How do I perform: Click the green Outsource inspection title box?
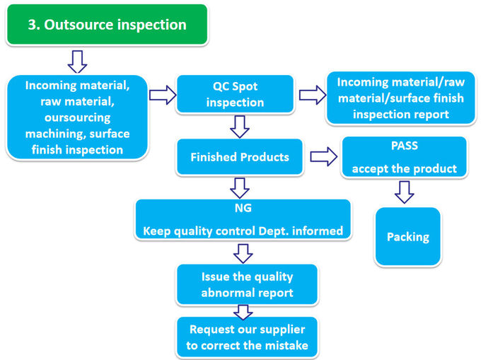point(107,25)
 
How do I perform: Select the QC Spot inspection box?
point(235,94)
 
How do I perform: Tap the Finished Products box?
point(239,156)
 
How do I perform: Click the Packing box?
point(407,236)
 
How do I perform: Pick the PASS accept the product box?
point(404,157)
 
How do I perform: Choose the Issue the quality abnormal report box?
point(246,284)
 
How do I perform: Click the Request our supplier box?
point(246,337)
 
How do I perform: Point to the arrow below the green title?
point(76,61)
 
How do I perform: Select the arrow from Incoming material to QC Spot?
point(162,95)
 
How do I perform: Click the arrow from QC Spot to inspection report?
point(311,95)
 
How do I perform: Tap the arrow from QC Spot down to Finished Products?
point(240,126)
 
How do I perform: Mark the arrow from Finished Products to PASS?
point(323,157)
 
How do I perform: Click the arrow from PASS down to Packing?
point(404,192)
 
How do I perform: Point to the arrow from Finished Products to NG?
point(240,187)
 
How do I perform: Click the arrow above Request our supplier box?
point(243,311)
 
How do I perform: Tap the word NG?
point(243,210)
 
